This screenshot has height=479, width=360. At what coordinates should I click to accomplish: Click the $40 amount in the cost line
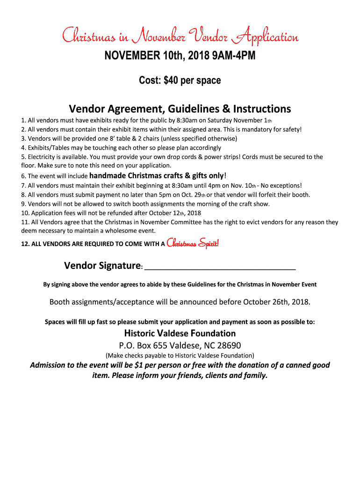coord(172,80)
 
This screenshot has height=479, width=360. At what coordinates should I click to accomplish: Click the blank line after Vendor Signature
coord(220,267)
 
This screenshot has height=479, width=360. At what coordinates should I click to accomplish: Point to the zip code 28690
coord(228,346)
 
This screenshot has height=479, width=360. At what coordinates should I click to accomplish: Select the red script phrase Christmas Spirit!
coord(193,243)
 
